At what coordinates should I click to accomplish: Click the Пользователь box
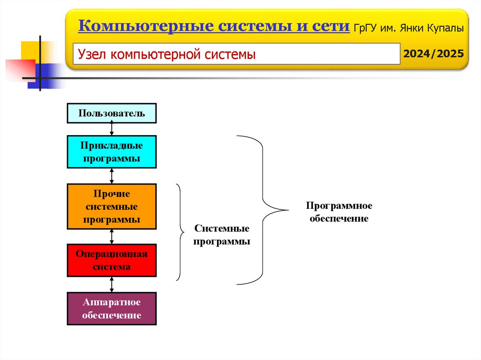point(111,113)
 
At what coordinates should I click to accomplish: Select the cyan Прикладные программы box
point(111,152)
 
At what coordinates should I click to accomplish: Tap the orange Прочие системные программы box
point(111,207)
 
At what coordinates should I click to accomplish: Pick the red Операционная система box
point(111,260)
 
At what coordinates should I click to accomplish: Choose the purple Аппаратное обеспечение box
point(111,308)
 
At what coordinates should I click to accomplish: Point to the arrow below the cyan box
point(112,176)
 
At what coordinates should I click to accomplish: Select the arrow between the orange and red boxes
point(112,237)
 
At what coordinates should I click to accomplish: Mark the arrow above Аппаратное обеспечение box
point(112,284)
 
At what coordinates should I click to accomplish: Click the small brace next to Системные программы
point(180,232)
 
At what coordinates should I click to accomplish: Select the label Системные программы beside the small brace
point(222,235)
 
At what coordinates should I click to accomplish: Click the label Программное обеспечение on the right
point(339,212)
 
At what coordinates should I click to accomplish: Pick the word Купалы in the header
point(446,28)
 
